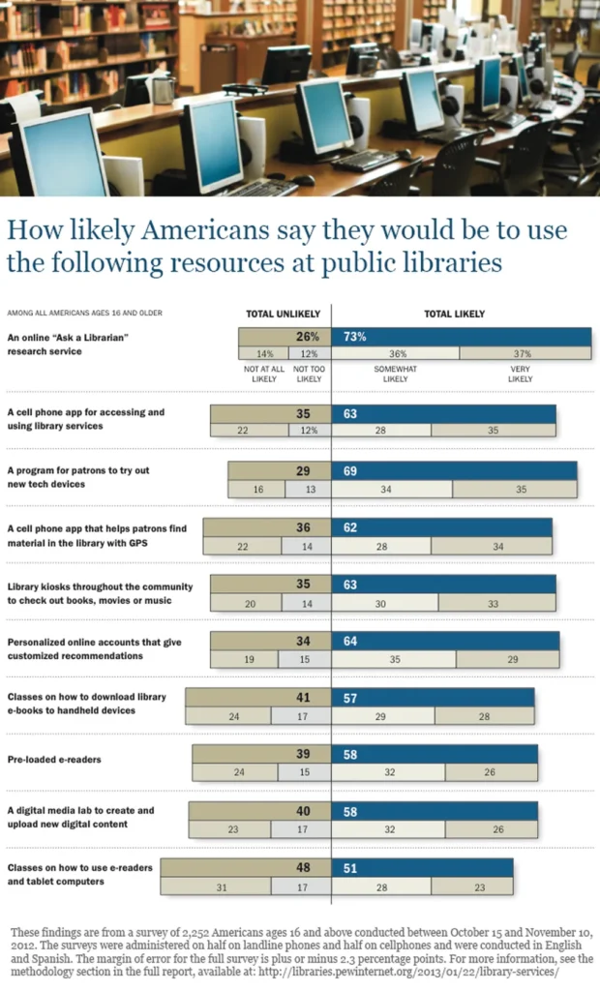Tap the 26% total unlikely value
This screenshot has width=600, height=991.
click(308, 337)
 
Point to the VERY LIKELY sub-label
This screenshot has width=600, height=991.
click(520, 374)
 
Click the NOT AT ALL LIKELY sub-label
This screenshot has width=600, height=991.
click(261, 374)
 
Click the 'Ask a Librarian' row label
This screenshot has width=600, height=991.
click(69, 344)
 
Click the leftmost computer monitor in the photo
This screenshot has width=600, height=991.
click(60, 155)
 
